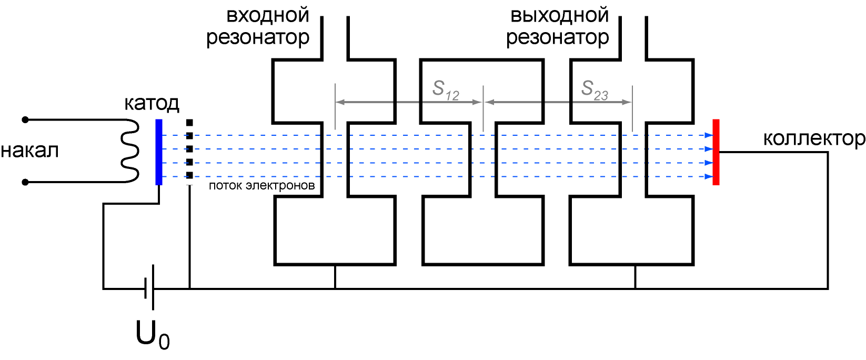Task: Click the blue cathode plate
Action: pos(158,152)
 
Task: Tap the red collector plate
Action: pos(716,152)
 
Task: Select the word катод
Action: pos(152,103)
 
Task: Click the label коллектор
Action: pos(814,138)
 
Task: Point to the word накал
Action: pos(30,151)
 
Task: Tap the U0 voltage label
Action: pos(153,335)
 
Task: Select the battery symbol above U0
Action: pos(149,288)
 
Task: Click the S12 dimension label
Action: pos(446,91)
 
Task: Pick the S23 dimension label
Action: pos(595,90)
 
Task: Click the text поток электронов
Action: pos(261,186)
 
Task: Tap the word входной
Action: pos(267,16)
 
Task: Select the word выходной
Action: pos(560,16)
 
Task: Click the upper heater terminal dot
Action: pos(25,120)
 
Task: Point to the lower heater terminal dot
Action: pos(25,182)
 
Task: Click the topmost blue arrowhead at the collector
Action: pos(709,135)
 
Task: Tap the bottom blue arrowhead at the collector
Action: pos(709,177)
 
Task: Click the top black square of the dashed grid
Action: pos(189,123)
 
